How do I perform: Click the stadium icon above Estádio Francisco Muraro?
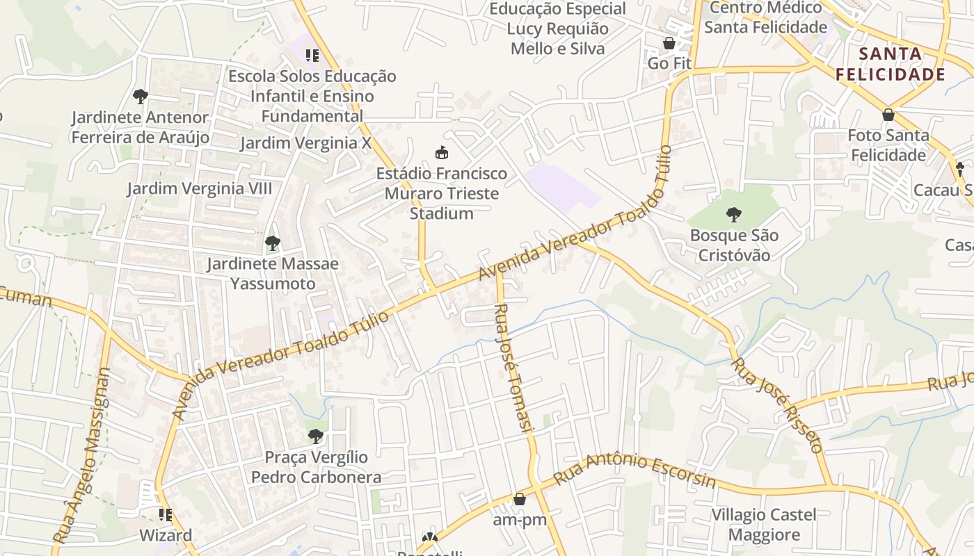pos(441,152)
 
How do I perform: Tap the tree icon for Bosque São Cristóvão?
pos(733,215)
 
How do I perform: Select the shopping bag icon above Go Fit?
pos(669,43)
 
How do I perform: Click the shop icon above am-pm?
pos(520,499)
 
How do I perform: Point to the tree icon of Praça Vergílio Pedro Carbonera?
pos(316,436)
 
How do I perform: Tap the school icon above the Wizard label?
pos(166,515)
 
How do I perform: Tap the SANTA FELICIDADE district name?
pos(890,64)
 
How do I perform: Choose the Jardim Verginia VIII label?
pos(200,188)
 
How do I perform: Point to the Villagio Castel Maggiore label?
pos(764,525)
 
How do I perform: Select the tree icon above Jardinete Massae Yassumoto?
pos(273,243)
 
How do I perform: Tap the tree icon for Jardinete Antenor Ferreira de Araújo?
pos(141,97)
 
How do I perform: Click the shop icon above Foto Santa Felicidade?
pos(888,115)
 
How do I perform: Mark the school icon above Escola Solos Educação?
pos(312,55)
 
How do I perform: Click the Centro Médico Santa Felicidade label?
pos(765,17)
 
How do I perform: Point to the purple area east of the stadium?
pos(562,186)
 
